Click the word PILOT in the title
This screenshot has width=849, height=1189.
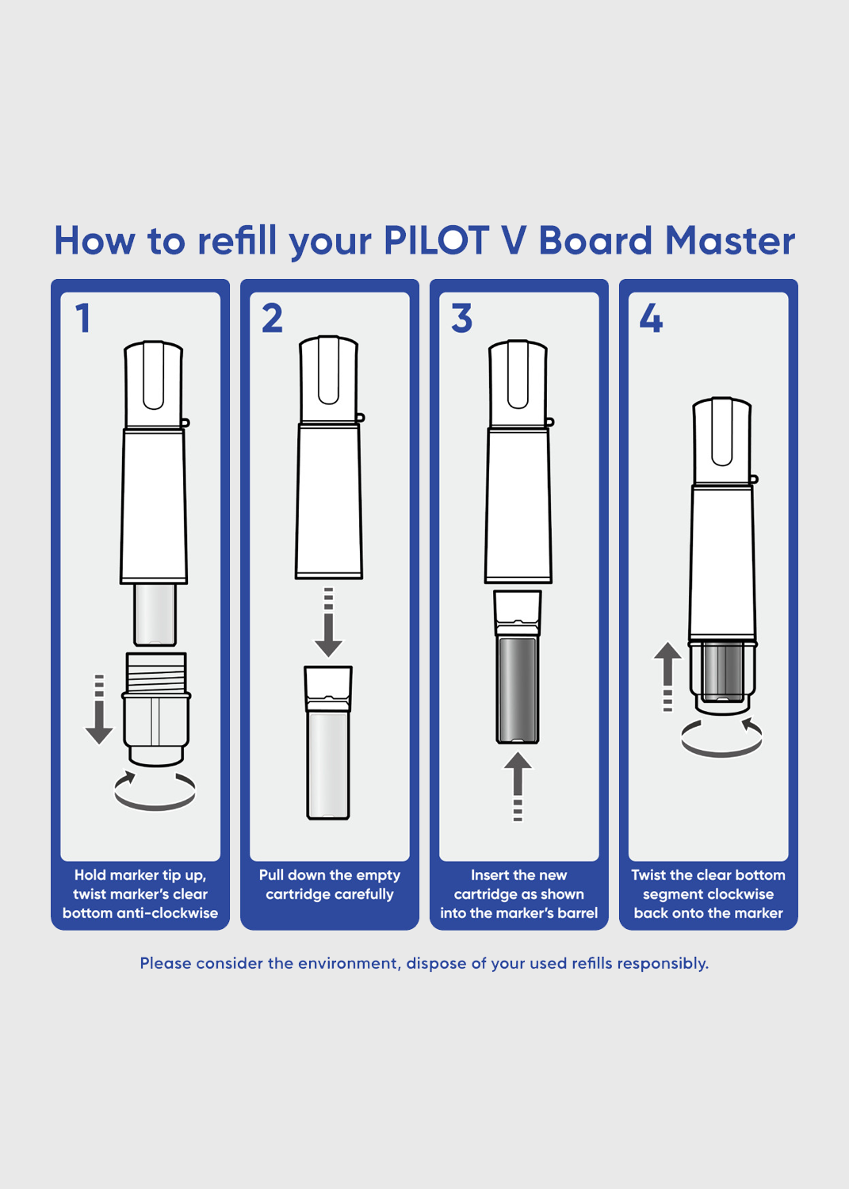pyautogui.click(x=436, y=241)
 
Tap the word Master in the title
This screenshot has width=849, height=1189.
pyautogui.click(x=729, y=241)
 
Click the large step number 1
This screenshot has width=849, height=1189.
pyautogui.click(x=82, y=318)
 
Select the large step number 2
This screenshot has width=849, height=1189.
pyautogui.click(x=273, y=318)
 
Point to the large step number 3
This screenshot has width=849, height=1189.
pyautogui.click(x=461, y=318)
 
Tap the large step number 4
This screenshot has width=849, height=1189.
pyautogui.click(x=651, y=318)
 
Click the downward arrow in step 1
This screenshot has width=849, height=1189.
pyautogui.click(x=99, y=709)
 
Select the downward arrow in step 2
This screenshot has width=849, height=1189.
pyautogui.click(x=328, y=622)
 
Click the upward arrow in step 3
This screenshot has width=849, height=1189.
pyautogui.click(x=518, y=787)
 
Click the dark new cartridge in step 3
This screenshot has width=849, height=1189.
pyautogui.click(x=518, y=667)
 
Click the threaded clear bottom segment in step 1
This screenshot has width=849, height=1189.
pyautogui.click(x=156, y=709)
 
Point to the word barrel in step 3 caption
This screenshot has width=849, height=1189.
pyautogui.click(x=578, y=912)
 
